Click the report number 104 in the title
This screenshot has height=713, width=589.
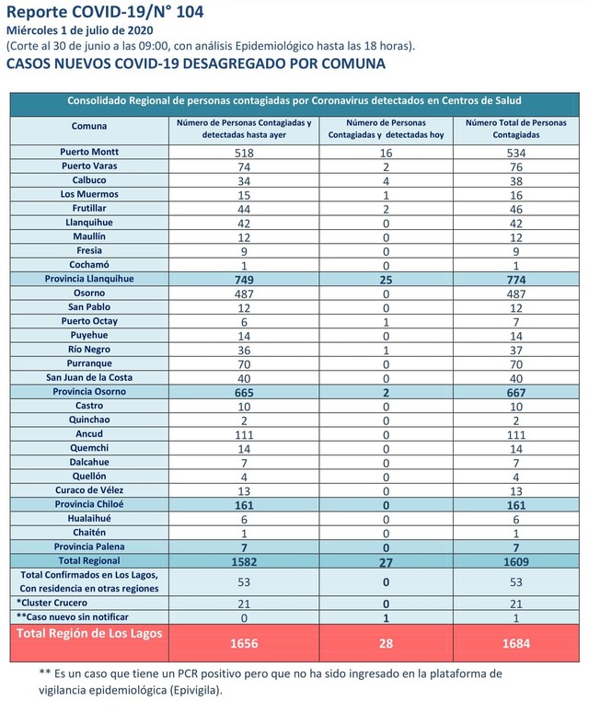coord(191,12)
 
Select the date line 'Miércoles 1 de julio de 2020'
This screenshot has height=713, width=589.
coord(79,31)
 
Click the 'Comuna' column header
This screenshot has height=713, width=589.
coord(89,126)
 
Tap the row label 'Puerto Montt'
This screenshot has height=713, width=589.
coord(89,152)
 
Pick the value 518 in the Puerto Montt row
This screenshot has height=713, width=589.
coord(244,153)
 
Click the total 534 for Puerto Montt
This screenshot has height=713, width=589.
coord(516,153)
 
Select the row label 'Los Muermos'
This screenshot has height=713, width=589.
coord(89,194)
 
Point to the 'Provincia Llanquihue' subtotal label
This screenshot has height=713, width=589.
coord(89,279)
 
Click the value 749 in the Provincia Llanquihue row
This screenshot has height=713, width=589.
coord(244,280)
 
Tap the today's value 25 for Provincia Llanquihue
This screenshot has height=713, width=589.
coord(386,280)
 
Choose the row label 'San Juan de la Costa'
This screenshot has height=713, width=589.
coord(89,377)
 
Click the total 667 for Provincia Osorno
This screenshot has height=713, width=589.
coord(516,393)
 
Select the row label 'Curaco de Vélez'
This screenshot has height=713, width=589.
coord(89,490)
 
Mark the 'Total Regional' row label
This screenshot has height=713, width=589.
coord(89,560)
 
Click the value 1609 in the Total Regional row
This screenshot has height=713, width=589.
coord(516,561)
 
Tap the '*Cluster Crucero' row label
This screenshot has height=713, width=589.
coord(52,603)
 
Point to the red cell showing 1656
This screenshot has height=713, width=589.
coord(244,643)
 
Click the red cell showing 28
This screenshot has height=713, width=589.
coord(387,643)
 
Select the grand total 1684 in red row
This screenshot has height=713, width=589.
coord(516,643)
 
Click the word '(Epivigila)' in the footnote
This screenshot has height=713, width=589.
coord(195,690)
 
